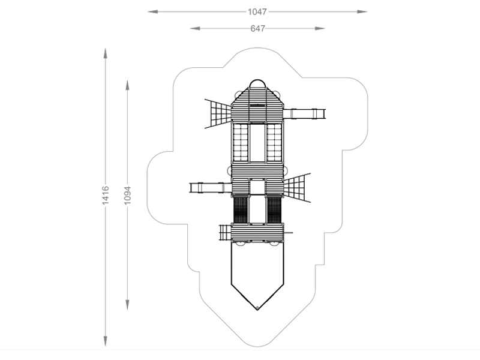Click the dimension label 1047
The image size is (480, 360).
[257, 12]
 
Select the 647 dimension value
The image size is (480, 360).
[257, 28]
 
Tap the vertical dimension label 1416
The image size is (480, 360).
[106, 196]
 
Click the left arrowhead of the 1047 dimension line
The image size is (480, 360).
[153, 12]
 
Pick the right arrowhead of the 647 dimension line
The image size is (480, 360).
[320, 28]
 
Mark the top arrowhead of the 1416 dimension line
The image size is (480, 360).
[106, 53]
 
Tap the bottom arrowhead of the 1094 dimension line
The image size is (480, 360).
[127, 305]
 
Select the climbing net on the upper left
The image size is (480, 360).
[218, 113]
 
